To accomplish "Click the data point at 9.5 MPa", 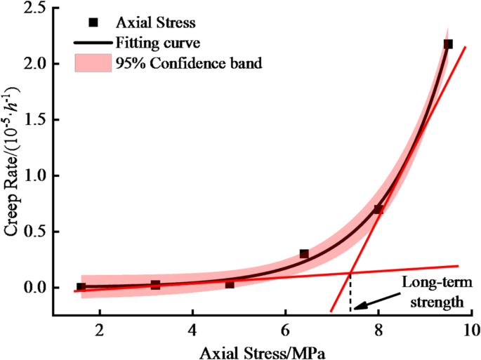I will pos(448,44).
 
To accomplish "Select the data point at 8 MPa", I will pos(378,209).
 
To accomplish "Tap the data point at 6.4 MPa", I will pos(304,253).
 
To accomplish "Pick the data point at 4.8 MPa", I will pos(230,284).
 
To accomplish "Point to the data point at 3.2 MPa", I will pos(155,285).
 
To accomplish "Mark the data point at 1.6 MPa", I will pos(81,286).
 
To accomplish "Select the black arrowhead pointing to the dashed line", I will pos(358,306).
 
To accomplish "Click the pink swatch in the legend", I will pos(93,64).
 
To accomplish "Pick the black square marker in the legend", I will pos(93,22).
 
